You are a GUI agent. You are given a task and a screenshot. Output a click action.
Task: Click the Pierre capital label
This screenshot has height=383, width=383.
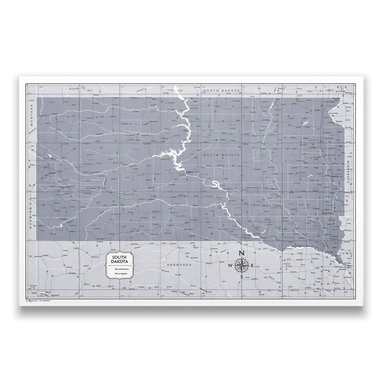[x=189, y=172]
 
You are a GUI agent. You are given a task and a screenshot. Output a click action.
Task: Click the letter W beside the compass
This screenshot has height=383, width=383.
[x=231, y=266]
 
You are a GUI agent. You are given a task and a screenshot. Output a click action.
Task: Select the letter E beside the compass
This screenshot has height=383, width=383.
[x=252, y=266]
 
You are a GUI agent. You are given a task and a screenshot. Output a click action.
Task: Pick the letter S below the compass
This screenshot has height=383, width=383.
[x=241, y=277]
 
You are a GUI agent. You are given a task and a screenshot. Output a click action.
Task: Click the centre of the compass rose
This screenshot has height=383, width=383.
[x=241, y=265]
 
